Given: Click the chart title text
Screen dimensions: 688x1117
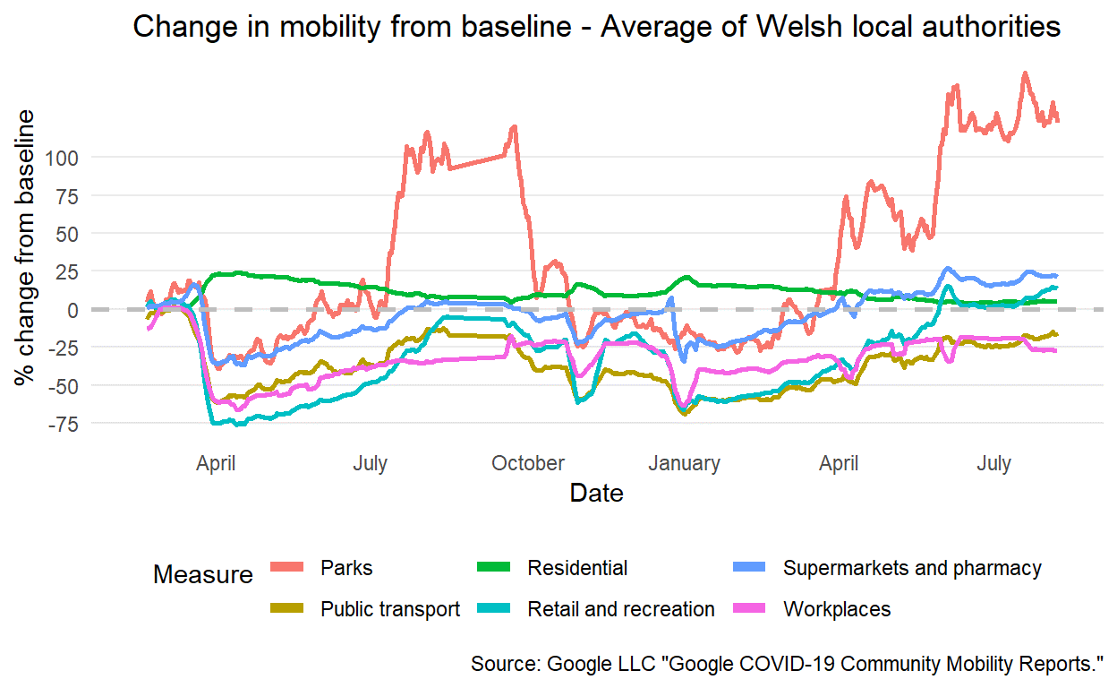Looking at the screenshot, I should tap(596, 27).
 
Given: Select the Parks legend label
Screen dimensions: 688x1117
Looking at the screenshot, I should tap(346, 568).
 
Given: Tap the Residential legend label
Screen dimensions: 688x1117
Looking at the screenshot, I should tap(577, 568).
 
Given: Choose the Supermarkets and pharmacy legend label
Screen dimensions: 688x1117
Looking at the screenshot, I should tap(912, 568).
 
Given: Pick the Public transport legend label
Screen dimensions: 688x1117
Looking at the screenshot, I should tap(390, 609).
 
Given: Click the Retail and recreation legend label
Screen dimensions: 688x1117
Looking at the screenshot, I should tap(621, 609).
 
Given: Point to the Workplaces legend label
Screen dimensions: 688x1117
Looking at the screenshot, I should tap(837, 609).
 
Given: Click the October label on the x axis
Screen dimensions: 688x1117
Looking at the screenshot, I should tap(528, 463).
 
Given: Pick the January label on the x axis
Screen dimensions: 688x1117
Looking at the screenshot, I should tap(684, 463).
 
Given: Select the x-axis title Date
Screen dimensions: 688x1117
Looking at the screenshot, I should tap(596, 493).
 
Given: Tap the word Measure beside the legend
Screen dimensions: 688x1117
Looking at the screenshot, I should tap(203, 574).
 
